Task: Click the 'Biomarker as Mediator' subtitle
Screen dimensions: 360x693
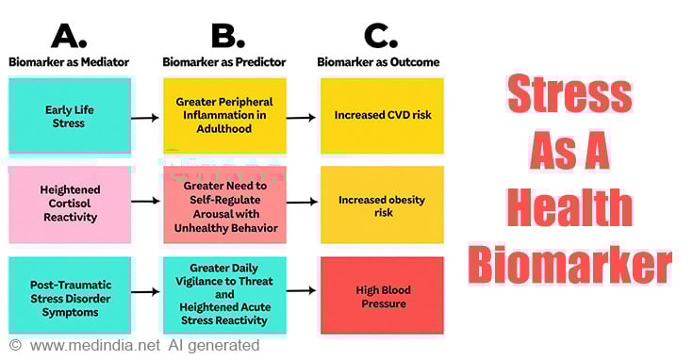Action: [68, 62]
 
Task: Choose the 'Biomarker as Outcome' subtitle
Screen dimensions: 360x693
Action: [382, 62]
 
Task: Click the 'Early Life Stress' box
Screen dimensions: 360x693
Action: [69, 116]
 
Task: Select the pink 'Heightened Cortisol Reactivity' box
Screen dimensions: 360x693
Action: [69, 204]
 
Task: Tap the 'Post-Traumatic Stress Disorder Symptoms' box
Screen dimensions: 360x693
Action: [69, 292]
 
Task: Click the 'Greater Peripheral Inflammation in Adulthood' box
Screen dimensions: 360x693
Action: [224, 116]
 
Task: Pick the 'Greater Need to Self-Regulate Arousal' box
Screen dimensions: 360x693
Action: [224, 204]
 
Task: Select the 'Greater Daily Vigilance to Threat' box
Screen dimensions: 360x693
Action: [224, 292]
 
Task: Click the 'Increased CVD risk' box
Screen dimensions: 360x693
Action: [381, 116]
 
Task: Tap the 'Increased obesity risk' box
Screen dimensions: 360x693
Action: [381, 204]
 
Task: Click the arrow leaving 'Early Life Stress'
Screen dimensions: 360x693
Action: [145, 118]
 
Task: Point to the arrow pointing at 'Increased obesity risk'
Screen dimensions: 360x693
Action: [301, 203]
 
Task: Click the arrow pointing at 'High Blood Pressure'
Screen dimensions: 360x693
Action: [301, 292]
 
